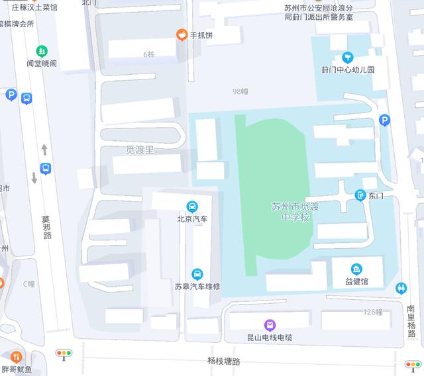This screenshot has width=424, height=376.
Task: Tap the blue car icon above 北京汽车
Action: point(192,206)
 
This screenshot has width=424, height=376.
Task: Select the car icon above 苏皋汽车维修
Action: point(197,274)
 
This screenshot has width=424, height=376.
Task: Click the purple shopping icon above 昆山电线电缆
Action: point(270,324)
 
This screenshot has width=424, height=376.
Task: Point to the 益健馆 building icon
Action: point(357,269)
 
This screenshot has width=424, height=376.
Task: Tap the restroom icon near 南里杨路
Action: point(401,288)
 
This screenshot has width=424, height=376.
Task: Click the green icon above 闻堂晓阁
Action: point(42,51)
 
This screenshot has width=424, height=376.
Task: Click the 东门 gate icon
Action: point(360,195)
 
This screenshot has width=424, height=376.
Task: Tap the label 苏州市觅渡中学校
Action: point(295,212)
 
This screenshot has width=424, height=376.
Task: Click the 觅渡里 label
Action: point(140,150)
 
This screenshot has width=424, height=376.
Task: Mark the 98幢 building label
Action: point(240,91)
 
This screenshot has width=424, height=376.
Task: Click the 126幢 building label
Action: point(373,312)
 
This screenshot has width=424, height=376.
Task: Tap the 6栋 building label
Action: point(148,54)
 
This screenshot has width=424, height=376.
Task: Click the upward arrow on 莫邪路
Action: point(44,150)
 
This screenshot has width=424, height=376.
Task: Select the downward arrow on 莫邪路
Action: point(34,177)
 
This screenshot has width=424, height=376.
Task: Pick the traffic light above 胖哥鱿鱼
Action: point(64,354)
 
